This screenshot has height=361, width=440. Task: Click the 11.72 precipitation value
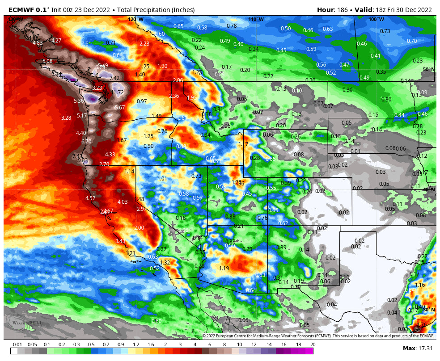tap(117, 92)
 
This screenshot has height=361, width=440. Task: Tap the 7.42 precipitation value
tap(114, 78)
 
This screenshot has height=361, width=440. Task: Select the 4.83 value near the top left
tap(38, 43)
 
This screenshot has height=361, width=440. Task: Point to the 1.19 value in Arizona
tap(224, 269)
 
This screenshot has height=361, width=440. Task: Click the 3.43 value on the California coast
tap(120, 241)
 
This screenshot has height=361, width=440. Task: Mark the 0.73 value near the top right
tap(385, 31)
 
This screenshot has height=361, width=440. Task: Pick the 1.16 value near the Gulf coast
tap(420, 285)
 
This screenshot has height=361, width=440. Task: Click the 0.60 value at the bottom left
tap(157, 321)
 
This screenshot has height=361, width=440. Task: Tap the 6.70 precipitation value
tap(86, 142)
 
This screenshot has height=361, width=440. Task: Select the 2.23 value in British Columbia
tap(144, 44)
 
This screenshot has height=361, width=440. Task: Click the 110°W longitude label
tap(256, 19)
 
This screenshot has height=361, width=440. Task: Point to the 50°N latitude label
tap(428, 69)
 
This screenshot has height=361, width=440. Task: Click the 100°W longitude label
tap(376, 19)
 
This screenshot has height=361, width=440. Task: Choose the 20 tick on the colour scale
tap(313, 344)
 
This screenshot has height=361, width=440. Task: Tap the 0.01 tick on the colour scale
tap(18, 344)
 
